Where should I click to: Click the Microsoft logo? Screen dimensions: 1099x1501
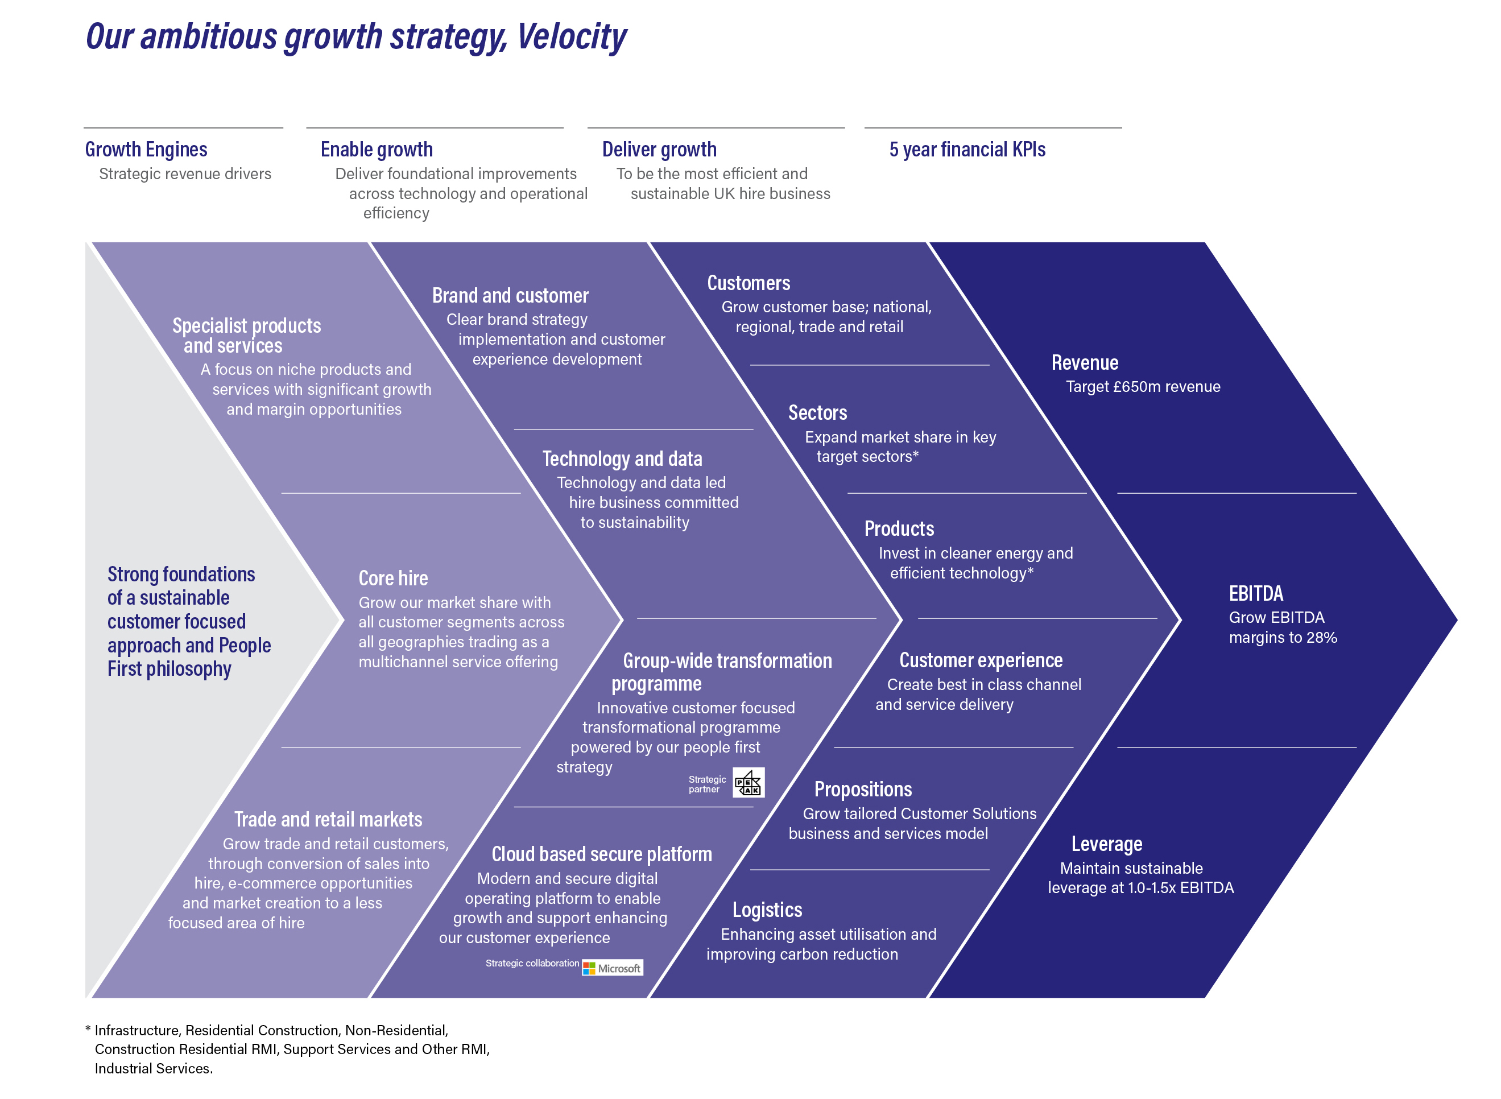click(x=612, y=968)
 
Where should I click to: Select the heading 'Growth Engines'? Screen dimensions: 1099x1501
click(x=146, y=150)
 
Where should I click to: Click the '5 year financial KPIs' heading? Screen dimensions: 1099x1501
click(x=967, y=150)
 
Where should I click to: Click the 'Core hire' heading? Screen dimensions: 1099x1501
click(x=393, y=578)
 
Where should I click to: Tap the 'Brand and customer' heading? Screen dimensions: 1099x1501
click(x=510, y=295)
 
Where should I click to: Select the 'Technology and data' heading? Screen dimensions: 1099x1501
click(x=622, y=459)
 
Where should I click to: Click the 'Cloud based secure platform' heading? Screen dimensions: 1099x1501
click(x=601, y=854)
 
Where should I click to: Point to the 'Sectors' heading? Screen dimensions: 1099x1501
click(x=817, y=413)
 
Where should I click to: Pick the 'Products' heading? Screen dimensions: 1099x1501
click(x=899, y=529)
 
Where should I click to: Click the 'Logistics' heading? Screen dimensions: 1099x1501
click(x=767, y=910)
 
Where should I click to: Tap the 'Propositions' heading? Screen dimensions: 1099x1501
click(x=863, y=790)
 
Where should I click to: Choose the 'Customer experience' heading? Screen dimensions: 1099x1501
click(x=981, y=660)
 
